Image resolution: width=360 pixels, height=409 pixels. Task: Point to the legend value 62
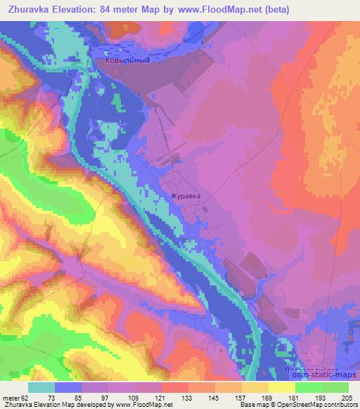tap(25, 398)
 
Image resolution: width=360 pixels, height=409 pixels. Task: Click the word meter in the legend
tap(10, 398)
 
